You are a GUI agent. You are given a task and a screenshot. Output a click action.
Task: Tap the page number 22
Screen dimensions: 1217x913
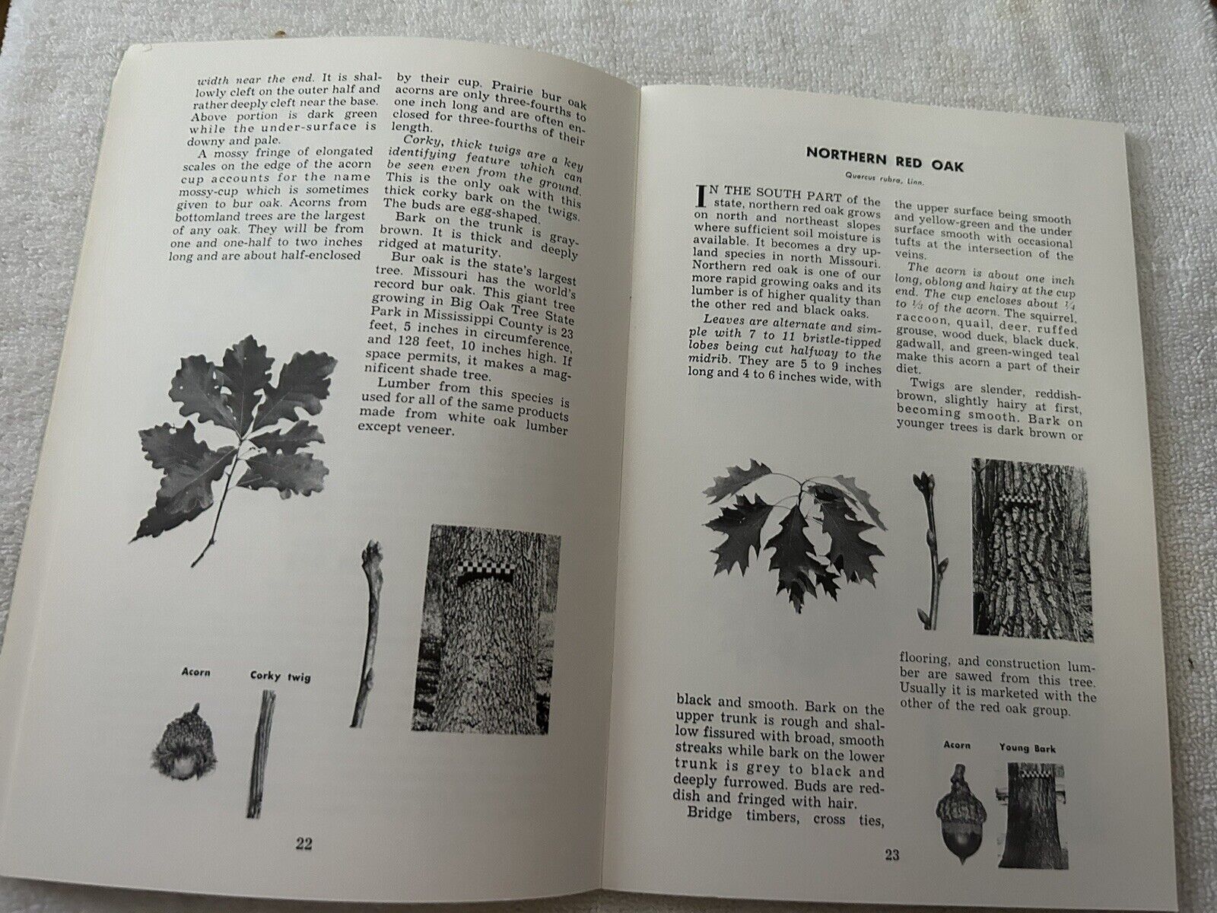point(303,843)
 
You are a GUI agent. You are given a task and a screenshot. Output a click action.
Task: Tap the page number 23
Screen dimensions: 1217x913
point(891,854)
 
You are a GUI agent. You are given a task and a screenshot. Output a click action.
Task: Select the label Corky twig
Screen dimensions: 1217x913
point(280,676)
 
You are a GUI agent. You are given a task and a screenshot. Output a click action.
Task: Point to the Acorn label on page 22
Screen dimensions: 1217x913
point(195,672)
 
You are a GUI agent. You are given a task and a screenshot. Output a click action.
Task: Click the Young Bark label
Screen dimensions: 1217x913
point(1028,748)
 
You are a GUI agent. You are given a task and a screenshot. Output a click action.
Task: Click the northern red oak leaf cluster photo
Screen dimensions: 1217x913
point(793,532)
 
